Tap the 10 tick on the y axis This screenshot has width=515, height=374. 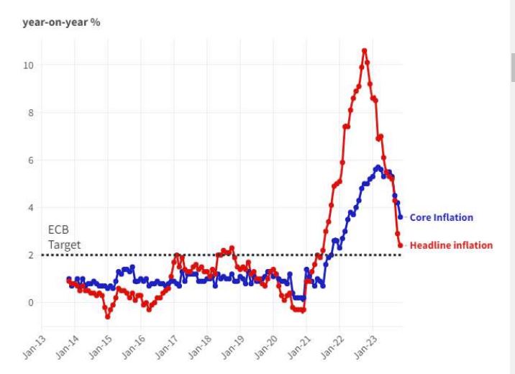point(28,65)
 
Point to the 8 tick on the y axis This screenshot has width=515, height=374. point(29,113)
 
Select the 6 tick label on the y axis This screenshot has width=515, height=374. point(29,160)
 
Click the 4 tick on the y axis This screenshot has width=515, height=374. point(29,208)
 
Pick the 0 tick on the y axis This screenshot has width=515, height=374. point(29,303)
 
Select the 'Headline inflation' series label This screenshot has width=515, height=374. point(451,245)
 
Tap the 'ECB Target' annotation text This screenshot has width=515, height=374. point(65,238)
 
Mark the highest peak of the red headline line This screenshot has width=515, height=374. point(365,50)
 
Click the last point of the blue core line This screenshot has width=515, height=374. point(401,216)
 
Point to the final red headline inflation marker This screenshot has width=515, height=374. point(401,245)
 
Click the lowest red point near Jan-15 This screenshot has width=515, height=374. point(107,316)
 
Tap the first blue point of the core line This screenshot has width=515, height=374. point(69,279)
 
